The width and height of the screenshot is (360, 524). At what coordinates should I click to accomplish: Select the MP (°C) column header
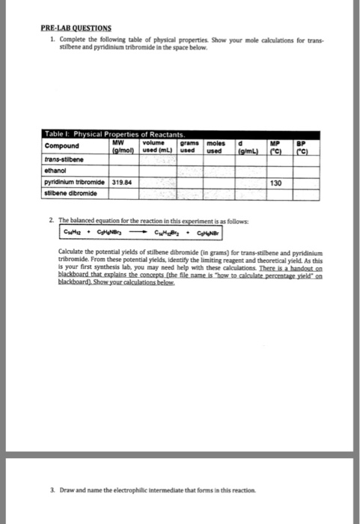coord(282,142)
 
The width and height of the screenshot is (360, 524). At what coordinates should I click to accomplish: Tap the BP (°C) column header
coord(303,142)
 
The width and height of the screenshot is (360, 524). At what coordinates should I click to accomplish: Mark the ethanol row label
coord(56,170)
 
